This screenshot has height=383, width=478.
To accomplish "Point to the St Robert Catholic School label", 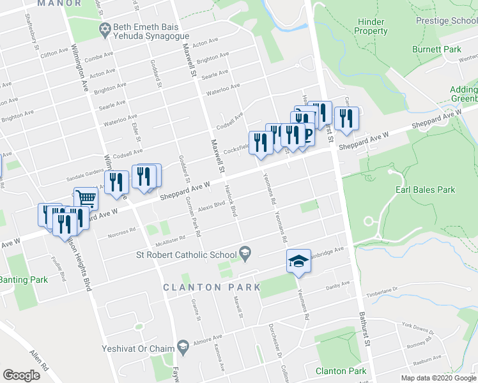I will coord(182,255).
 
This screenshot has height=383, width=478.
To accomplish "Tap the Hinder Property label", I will coord(371,26).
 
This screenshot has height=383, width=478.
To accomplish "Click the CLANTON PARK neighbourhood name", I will coord(212,287).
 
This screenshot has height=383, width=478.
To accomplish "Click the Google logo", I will coord(22,375).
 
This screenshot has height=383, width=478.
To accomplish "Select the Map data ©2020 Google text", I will coord(438,378).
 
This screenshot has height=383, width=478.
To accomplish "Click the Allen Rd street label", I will coord(38,360).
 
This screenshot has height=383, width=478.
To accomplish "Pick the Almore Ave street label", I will coord(207,337).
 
